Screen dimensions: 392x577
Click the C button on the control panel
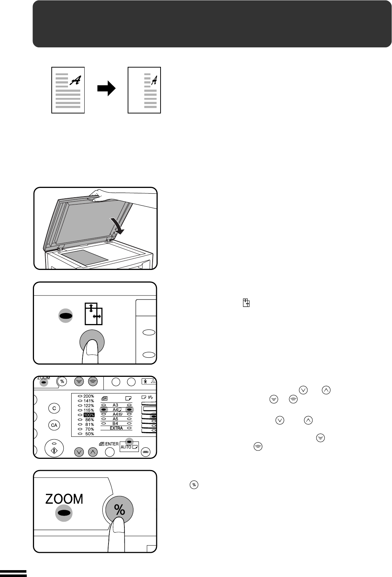coord(54,408)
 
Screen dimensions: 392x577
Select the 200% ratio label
coord(89,396)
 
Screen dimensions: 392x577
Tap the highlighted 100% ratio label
coord(89,415)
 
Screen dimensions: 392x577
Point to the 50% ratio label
coord(90,434)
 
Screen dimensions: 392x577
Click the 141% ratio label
coord(89,401)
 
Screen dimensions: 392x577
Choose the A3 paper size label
coord(115,405)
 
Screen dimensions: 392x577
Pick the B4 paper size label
coord(115,423)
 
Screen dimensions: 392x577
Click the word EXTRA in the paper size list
coord(116,428)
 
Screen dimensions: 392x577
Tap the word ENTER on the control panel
coord(112,444)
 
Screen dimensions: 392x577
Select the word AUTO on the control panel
coord(126,447)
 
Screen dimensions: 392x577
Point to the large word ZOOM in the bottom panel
coord(64,499)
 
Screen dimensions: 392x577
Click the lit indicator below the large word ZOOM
coord(64,513)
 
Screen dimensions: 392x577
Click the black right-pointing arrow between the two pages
coord(106,89)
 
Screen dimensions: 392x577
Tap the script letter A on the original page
coord(76,80)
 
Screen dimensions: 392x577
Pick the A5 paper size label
coord(115,419)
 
